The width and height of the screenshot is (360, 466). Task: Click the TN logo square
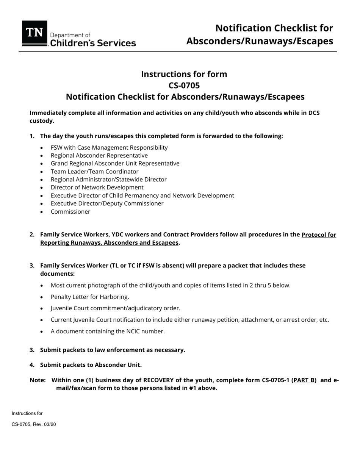[34, 33]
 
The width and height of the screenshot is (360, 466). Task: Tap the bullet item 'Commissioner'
[70, 211]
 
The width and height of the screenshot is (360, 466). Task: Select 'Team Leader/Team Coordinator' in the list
[94, 171]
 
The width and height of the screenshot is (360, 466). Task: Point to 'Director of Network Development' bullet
[97, 187]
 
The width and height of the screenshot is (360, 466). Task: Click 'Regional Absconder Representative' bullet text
[99, 155]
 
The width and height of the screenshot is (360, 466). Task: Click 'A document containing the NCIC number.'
[108, 331]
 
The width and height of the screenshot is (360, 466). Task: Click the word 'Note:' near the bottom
[38, 380]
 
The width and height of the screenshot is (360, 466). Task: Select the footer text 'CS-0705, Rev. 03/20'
[34, 424]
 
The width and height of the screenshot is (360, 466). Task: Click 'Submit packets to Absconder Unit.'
[91, 365]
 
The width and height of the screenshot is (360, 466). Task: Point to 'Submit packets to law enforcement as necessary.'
[113, 350]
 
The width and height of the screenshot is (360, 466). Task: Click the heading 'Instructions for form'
[184, 74]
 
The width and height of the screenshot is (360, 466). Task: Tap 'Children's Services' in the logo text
[93, 43]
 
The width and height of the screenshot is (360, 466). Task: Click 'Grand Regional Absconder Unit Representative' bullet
[115, 163]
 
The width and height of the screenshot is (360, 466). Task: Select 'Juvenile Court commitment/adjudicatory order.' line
[115, 308]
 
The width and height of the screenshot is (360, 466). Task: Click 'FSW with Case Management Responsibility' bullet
[109, 147]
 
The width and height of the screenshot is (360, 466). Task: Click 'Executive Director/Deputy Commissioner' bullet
[107, 203]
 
